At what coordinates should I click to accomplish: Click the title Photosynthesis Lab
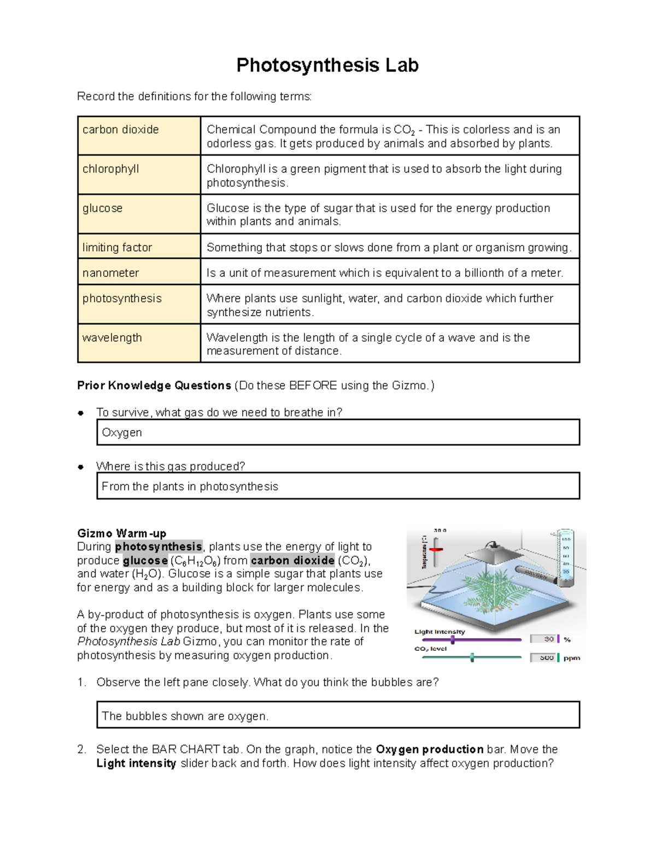tap(327, 66)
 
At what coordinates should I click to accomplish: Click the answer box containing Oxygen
tap(338, 432)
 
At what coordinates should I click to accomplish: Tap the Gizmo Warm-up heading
tap(121, 533)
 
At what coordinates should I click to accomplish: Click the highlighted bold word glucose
tap(145, 560)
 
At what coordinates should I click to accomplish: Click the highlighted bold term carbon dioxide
tap(292, 560)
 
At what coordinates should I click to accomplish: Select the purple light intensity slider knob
tap(453, 639)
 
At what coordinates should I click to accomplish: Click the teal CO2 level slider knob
tap(472, 657)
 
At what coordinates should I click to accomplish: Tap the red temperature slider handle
tap(436, 549)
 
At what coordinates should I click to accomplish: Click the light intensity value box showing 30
tap(543, 639)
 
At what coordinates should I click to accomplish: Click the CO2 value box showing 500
tap(543, 658)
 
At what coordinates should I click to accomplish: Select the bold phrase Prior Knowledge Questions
tap(154, 386)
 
